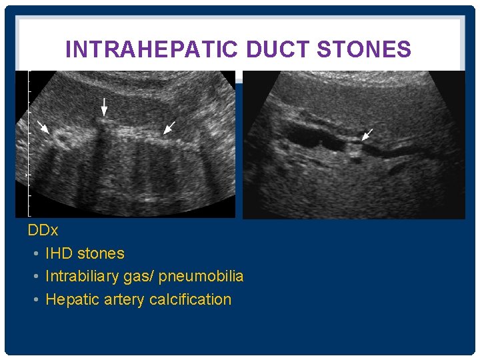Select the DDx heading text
[43, 231]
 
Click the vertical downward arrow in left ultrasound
[103, 107]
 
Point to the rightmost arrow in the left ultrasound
[169, 127]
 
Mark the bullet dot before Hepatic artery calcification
[35, 300]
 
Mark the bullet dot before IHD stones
[35, 254]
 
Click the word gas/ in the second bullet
[139, 277]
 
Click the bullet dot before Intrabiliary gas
[35, 277]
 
